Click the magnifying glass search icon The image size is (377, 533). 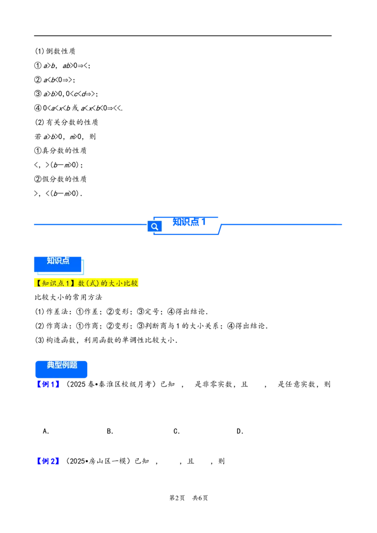[155, 226]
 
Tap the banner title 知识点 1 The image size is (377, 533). [189, 222]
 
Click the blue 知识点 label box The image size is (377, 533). [58, 264]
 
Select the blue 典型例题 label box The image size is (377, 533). [61, 369]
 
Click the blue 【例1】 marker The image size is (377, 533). [49, 385]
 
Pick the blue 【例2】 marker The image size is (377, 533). [49, 461]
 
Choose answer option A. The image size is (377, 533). [46, 431]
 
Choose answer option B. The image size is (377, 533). [110, 431]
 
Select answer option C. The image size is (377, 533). [177, 431]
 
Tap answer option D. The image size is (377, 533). [240, 431]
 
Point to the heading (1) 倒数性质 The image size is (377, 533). [55, 51]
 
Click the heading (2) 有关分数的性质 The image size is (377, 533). [66, 122]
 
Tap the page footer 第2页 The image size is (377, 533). [177, 498]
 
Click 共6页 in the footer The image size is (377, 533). [200, 498]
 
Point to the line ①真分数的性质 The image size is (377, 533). [61, 151]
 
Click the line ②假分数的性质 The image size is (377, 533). [61, 179]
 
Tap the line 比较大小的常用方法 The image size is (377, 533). [68, 298]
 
